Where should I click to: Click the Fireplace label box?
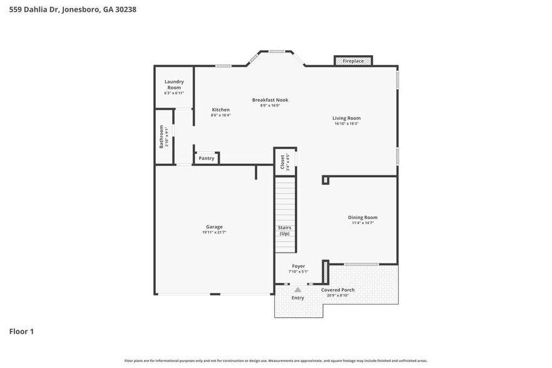(353, 61)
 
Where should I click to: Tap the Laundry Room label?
(174, 84)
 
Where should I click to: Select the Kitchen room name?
(220, 110)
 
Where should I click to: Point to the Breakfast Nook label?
(270, 100)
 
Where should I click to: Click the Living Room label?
(346, 118)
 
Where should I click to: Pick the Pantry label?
(207, 158)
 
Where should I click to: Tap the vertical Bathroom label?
(161, 136)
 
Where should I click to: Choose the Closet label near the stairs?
(282, 162)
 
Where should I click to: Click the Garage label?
(214, 227)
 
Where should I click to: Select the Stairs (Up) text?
(284, 230)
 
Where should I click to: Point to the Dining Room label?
(362, 217)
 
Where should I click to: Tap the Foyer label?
(299, 266)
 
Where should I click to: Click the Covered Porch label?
(338, 290)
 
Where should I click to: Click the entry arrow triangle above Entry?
(298, 289)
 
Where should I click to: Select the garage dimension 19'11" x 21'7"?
(214, 232)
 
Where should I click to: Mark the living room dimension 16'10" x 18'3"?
(346, 123)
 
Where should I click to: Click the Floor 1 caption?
(21, 331)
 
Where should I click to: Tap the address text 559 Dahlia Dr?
(38, 9)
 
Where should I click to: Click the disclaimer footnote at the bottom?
(275, 360)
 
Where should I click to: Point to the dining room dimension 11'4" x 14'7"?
(362, 223)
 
